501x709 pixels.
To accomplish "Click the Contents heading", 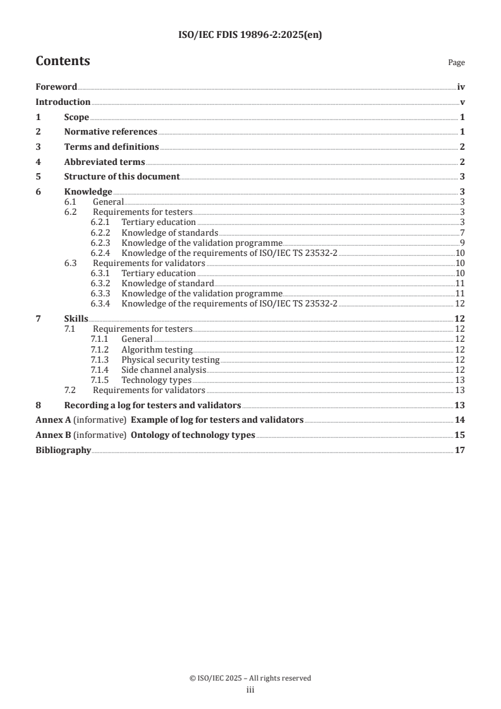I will click(x=63, y=61).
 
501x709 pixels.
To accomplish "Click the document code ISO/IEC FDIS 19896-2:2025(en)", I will click(x=250, y=35).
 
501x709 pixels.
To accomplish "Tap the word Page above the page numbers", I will click(x=456, y=63).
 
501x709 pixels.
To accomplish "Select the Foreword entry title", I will click(x=56, y=87).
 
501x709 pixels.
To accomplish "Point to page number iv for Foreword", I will click(x=461, y=87).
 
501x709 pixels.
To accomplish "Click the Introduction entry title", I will click(x=63, y=102).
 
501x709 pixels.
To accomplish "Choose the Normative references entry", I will click(x=111, y=132).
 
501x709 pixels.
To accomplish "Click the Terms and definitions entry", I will click(x=111, y=147).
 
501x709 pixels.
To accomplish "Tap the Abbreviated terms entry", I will click(x=104, y=162).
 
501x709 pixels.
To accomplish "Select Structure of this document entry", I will click(x=122, y=177).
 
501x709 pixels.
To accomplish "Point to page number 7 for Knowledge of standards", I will click(x=462, y=233).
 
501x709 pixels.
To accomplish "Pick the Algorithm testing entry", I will click(x=157, y=349).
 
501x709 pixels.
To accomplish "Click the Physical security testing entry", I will click(x=170, y=360).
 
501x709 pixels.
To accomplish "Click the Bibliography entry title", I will click(x=63, y=451).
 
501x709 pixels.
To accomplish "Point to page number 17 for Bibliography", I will click(x=460, y=451).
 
